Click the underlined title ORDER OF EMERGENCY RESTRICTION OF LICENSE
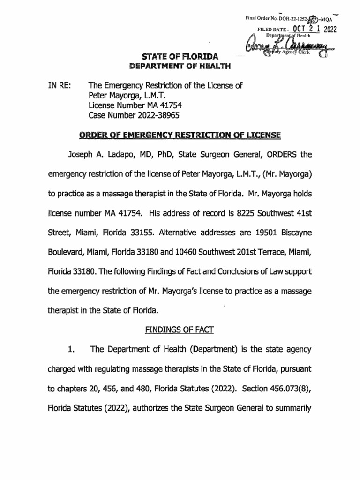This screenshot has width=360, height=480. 180,135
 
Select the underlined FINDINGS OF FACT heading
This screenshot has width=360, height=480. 180,330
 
